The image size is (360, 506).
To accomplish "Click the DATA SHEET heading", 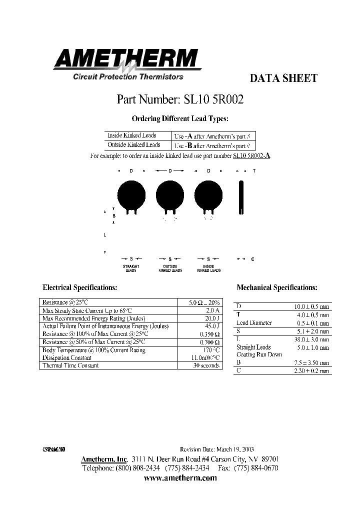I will click(x=283, y=78).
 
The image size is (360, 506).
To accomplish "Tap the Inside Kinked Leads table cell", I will click(x=132, y=135).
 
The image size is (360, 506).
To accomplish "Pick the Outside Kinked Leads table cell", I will click(x=133, y=145).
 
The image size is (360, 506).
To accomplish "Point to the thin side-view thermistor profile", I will click(x=241, y=197).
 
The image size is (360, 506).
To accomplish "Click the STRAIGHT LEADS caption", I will click(x=131, y=268).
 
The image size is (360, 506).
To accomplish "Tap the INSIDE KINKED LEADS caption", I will click(x=209, y=268).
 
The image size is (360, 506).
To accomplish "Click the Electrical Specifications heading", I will click(x=80, y=288).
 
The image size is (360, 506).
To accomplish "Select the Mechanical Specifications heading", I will click(x=276, y=288).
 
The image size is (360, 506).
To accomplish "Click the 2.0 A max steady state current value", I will click(x=212, y=310).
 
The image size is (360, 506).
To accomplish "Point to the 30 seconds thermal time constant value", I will click(x=207, y=365).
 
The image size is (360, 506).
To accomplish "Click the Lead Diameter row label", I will click(x=254, y=323).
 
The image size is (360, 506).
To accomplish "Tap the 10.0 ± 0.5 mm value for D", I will click(x=311, y=306).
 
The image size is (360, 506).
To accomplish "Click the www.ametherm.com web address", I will click(x=180, y=478).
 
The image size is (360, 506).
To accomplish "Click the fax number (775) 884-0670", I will click(x=258, y=468).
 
